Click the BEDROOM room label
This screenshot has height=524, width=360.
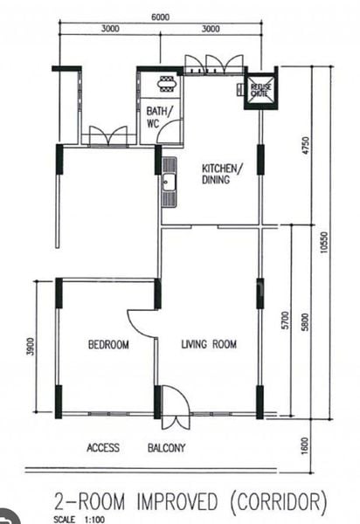click(108, 345)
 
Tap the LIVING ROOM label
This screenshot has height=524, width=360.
click(209, 345)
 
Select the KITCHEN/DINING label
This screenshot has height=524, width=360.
click(222, 174)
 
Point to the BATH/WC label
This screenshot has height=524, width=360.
click(159, 118)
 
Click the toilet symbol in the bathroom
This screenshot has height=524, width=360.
click(166, 85)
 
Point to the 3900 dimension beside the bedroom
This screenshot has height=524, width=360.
click(30, 348)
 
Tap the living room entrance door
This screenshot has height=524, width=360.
click(176, 409)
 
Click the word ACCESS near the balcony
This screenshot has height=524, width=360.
click(103, 449)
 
